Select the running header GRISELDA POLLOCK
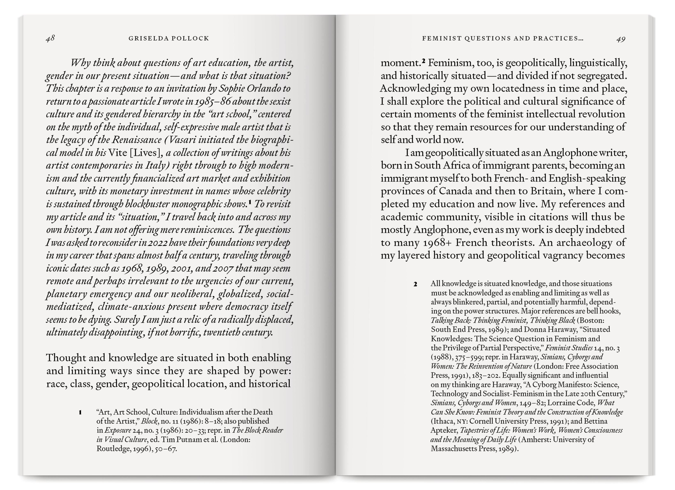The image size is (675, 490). click(169, 39)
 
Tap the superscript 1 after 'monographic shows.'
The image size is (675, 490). click(250, 203)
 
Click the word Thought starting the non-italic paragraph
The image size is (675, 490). click(65, 358)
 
